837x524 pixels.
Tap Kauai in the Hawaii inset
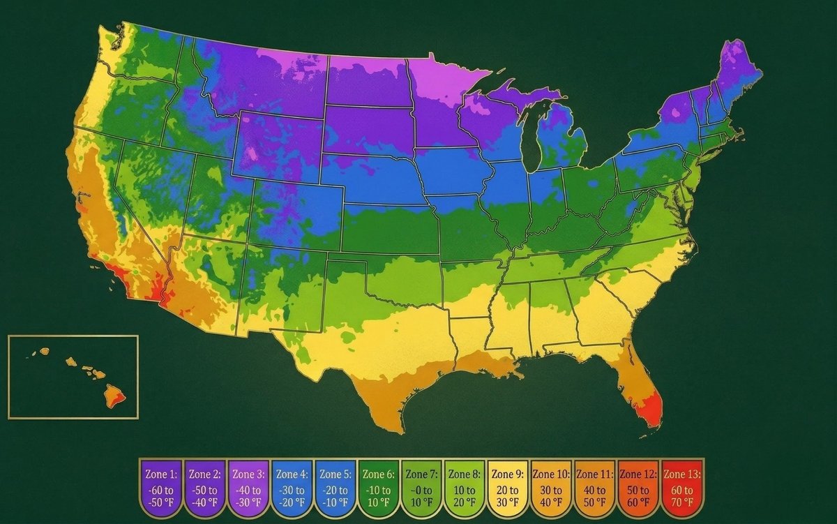click(44, 350)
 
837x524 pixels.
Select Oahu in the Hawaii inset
click(70, 361)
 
